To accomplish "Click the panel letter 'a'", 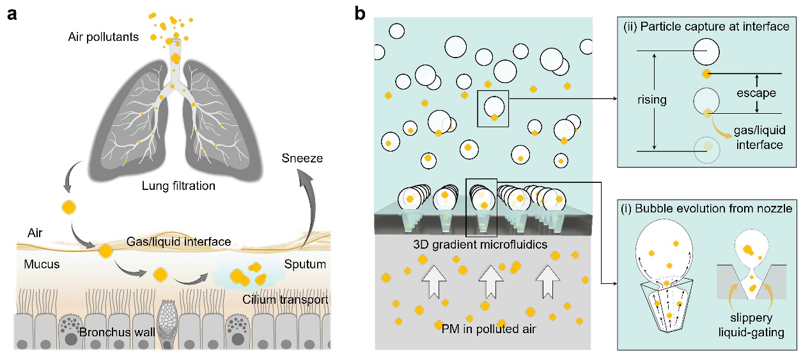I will [12, 14].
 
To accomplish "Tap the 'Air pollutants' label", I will [103, 36].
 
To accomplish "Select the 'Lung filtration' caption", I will [178, 186].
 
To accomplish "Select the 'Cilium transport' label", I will [286, 300].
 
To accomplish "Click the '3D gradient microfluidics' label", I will [483, 244].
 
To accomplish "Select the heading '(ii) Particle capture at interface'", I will [707, 26].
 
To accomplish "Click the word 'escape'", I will [755, 93].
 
